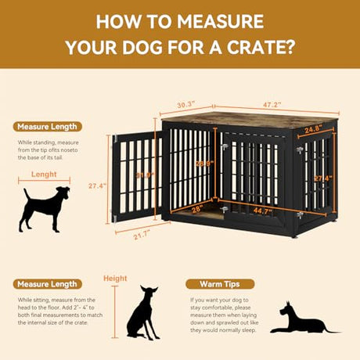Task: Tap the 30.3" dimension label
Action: click(x=186, y=103)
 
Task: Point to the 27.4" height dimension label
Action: click(x=97, y=186)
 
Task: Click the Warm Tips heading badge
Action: click(x=220, y=284)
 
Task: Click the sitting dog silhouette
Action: click(x=143, y=312)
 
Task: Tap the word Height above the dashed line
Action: click(x=115, y=278)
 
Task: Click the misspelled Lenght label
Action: click(x=45, y=175)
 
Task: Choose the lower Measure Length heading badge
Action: click(x=46, y=284)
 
